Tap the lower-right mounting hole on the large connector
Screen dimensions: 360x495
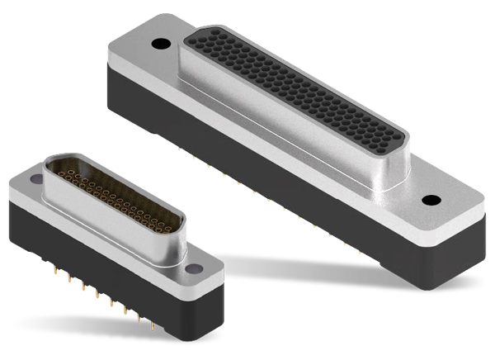(x=430, y=200)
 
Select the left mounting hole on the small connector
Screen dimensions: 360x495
(x=35, y=178)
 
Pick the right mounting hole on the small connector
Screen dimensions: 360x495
(x=196, y=268)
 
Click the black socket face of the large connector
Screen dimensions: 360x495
(x=297, y=91)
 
